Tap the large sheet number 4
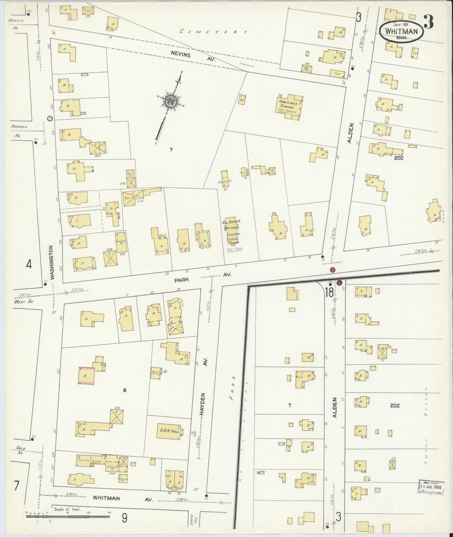coord(29,265)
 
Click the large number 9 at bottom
coord(124,519)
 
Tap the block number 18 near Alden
coord(329,292)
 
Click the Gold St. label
coord(21,450)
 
